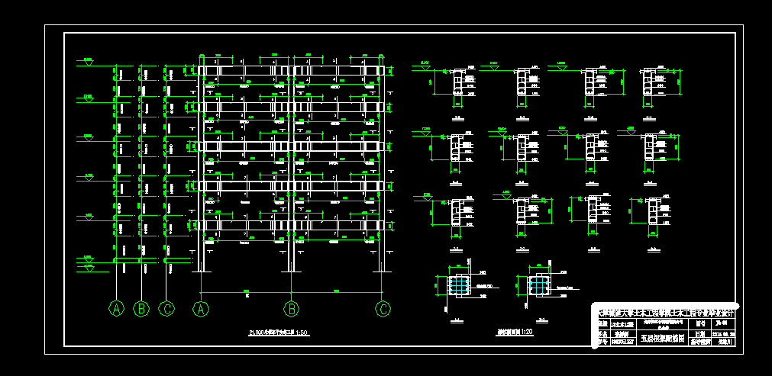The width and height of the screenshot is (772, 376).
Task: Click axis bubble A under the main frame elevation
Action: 202,308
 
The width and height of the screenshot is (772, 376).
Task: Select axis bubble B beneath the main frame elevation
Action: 291,308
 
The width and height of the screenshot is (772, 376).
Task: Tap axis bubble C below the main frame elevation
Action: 383,308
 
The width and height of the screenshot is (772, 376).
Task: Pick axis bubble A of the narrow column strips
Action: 116,308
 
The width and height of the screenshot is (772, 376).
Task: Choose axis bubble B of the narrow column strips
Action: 141,308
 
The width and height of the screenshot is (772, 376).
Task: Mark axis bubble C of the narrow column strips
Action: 166,308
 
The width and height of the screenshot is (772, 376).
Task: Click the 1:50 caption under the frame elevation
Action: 278,333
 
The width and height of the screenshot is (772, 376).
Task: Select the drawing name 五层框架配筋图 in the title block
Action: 661,338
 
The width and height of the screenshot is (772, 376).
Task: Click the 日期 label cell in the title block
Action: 700,334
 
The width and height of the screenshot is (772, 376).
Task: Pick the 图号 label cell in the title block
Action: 700,323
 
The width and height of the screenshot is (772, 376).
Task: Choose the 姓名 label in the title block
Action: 602,334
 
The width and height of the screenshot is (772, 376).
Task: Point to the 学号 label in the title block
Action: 602,342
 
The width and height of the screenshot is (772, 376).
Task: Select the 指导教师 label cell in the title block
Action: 700,342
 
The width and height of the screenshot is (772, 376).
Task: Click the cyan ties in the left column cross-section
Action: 458,285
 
